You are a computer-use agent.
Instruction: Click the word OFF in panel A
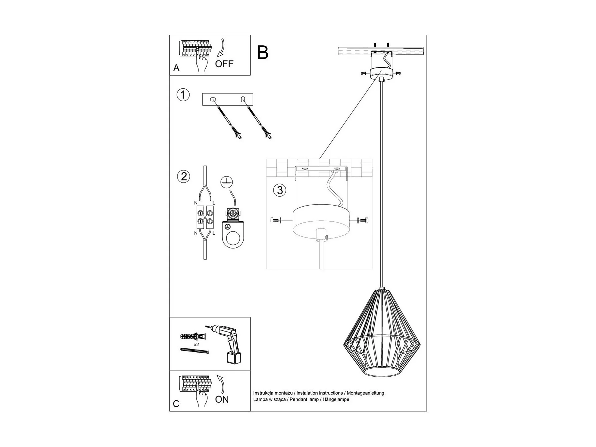[224, 64]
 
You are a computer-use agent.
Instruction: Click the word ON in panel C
[222, 399]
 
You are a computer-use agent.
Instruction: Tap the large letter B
[263, 53]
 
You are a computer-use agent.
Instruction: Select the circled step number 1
[183, 95]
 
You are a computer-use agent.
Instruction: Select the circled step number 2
[184, 176]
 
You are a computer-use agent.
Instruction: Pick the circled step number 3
[280, 190]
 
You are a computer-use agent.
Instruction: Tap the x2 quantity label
[196, 344]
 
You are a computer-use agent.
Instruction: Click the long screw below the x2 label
[194, 351]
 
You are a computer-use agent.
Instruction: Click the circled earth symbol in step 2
[227, 182]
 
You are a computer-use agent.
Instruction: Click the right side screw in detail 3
[363, 220]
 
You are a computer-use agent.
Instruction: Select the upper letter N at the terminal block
[196, 203]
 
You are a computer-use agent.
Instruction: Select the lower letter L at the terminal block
[214, 233]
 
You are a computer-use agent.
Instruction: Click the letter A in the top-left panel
[176, 68]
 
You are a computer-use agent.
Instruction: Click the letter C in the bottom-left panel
[176, 404]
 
